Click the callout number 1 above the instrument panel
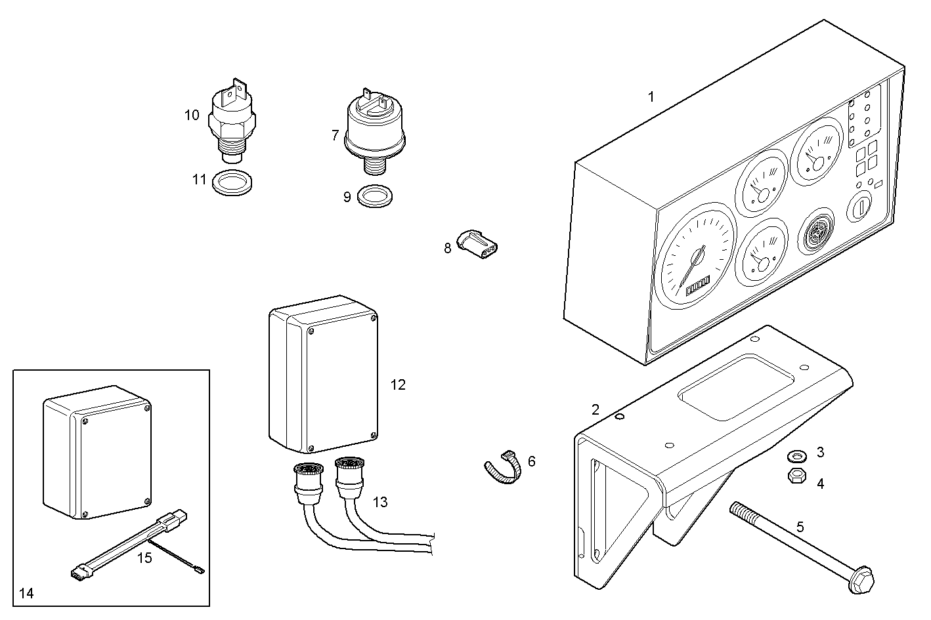point(651,97)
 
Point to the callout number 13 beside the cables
point(380,503)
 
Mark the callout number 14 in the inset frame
point(26,594)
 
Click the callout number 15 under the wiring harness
point(144,558)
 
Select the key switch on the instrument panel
point(859,208)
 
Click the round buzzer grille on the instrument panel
point(815,231)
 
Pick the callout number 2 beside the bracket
point(595,410)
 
